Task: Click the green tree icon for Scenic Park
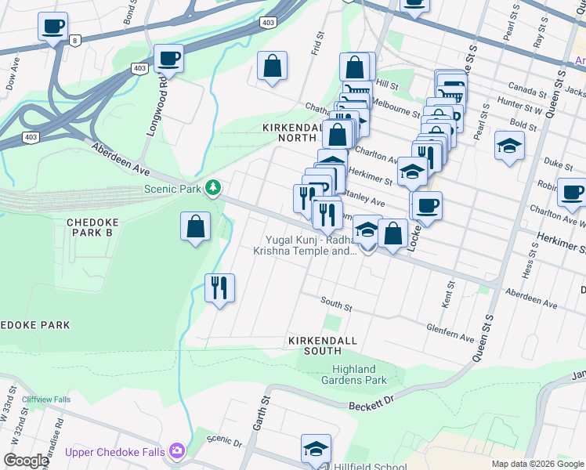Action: [212, 188]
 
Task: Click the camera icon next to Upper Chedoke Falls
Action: [178, 450]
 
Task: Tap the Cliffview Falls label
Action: [46, 399]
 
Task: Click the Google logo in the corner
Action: [26, 461]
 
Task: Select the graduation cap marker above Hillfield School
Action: [316, 449]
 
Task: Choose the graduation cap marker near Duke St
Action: [509, 146]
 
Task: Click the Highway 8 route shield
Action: [74, 41]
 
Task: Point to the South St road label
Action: [336, 303]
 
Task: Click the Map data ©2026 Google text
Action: [537, 464]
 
